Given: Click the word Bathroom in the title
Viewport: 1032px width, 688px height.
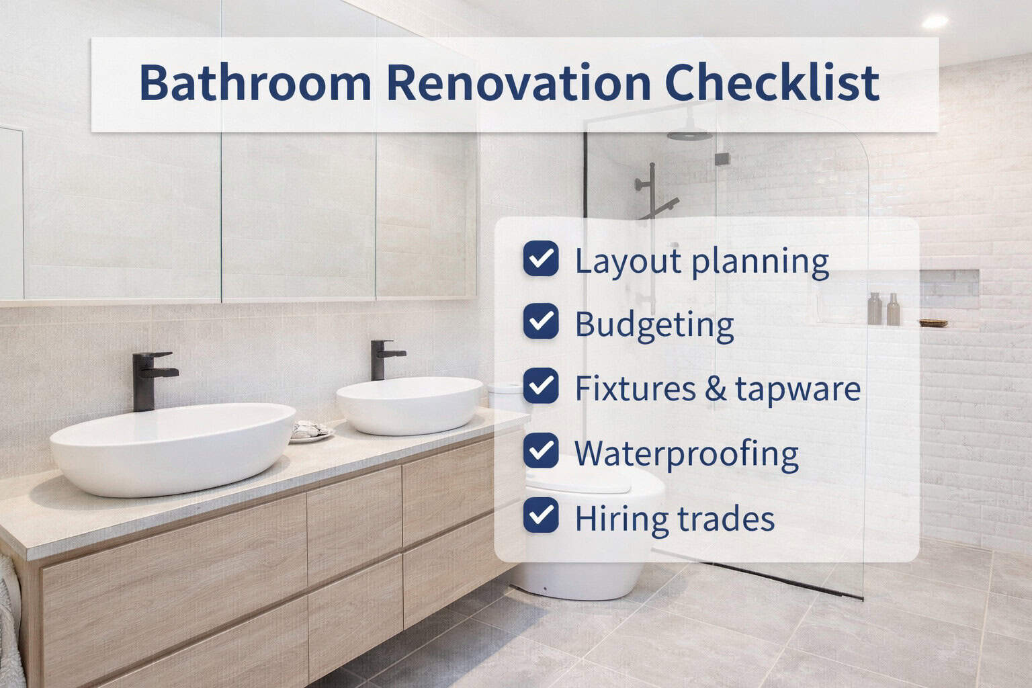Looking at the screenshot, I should click(x=255, y=83).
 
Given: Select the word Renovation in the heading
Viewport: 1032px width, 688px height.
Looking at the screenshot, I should click(x=518, y=83).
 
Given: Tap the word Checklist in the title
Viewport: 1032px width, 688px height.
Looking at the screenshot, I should click(x=772, y=83).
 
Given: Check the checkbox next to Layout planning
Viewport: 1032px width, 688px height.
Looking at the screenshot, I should click(x=541, y=259).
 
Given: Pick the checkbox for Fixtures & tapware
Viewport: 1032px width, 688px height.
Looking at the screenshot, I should click(x=541, y=386).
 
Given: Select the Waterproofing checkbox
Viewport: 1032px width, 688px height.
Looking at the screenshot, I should click(x=541, y=450).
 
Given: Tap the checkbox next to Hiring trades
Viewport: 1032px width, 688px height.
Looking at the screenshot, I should click(x=541, y=515).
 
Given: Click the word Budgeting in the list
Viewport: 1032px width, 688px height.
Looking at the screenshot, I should click(x=654, y=325).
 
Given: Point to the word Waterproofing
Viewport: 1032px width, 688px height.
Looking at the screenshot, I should click(x=686, y=454).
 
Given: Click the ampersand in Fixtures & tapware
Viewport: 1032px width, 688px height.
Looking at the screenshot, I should click(x=716, y=389).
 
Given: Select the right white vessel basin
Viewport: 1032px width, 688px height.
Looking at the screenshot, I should click(x=409, y=404).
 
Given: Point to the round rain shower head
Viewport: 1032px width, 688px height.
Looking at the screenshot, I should click(x=689, y=134).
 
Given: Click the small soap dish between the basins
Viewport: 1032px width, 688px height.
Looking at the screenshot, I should click(x=310, y=431).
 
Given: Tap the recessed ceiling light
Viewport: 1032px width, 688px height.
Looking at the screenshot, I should click(x=934, y=21).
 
